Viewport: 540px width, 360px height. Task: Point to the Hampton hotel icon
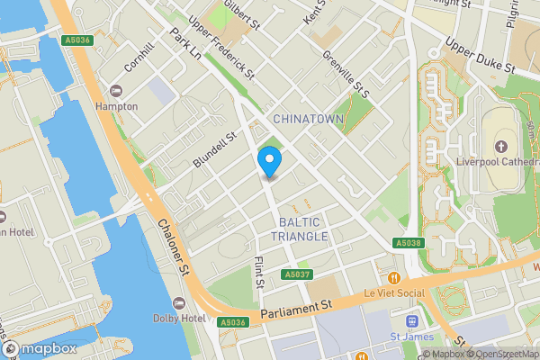tap(115, 92)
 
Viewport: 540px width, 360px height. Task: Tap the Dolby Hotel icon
tap(178, 302)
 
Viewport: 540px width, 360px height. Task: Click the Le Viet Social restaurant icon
tap(394, 278)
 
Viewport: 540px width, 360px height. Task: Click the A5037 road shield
tap(296, 274)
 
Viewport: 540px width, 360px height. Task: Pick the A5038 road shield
tap(408, 243)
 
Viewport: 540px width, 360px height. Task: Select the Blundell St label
tap(213, 149)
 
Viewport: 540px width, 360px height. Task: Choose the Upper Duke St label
tap(480, 56)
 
